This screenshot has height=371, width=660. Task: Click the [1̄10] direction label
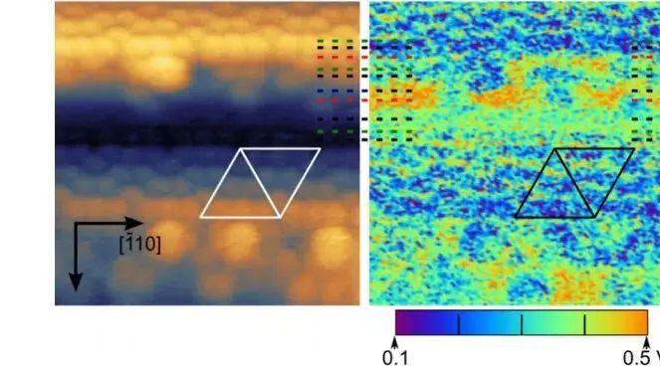(139, 245)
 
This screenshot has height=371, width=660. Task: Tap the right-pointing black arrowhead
(134, 224)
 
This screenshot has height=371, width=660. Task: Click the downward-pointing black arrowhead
(76, 281)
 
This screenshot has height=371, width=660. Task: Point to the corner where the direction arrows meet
(76, 224)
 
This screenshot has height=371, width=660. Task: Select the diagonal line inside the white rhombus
(260, 183)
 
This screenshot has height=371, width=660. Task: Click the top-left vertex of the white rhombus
(240, 148)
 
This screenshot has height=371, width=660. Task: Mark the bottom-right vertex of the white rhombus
(281, 217)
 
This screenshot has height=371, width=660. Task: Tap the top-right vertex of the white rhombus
(321, 148)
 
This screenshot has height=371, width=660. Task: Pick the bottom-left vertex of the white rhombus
(201, 217)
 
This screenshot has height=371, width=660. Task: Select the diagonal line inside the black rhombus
(575, 183)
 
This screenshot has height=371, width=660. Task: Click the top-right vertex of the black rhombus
(634, 148)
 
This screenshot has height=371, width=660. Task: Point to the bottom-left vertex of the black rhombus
(516, 217)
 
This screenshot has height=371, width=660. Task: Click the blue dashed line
(365, 91)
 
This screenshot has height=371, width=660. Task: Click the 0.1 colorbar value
(395, 358)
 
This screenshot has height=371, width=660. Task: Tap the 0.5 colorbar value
(636, 358)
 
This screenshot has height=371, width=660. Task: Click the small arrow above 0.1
(395, 341)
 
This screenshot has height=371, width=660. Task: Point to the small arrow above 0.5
(647, 341)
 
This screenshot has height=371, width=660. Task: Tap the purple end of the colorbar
(399, 322)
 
